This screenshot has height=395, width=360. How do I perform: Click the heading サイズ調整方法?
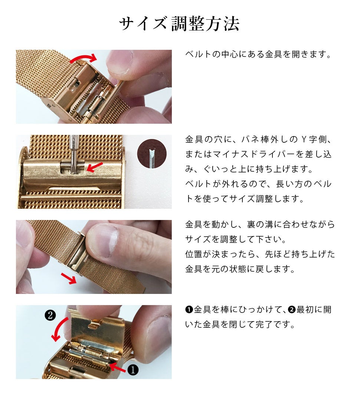(179, 24)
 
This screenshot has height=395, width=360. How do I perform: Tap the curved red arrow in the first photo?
(83, 57)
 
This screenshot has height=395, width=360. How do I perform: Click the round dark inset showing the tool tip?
(152, 154)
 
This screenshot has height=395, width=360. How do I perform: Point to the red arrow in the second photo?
(95, 167)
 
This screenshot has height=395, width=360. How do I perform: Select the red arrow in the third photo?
(69, 278)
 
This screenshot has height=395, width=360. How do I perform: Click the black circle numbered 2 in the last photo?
(50, 315)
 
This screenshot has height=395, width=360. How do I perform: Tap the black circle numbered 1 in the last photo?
(133, 370)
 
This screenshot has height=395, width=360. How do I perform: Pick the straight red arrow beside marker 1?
(118, 368)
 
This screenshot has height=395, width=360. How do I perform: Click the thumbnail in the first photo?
(120, 62)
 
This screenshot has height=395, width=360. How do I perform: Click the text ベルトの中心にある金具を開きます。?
(258, 54)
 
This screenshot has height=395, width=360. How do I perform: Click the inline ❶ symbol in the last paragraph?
(189, 310)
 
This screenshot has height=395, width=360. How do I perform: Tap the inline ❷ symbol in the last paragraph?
(292, 310)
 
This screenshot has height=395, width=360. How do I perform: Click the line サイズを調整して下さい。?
(235, 239)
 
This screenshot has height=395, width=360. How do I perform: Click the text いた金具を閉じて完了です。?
(240, 324)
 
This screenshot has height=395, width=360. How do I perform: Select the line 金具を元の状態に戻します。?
(240, 269)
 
